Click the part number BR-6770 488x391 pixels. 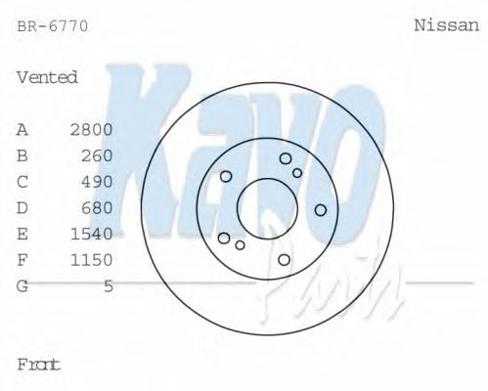point(53,26)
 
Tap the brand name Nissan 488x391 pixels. point(446,26)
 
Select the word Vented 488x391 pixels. point(47,77)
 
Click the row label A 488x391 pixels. point(22,129)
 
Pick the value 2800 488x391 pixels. point(92,129)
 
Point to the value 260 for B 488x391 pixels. point(98,155)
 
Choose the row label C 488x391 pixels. point(22,182)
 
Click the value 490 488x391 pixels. point(98,182)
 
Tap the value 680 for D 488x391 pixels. point(98,208)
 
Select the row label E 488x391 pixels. point(22,234)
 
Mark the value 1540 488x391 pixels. point(92,234)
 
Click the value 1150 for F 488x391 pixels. point(92,260)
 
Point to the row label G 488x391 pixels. point(22,286)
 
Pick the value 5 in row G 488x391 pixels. point(109,286)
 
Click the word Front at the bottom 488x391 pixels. point(39,365)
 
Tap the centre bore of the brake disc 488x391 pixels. point(266,207)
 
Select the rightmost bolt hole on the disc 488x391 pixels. point(320,209)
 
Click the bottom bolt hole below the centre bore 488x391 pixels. point(284,259)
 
